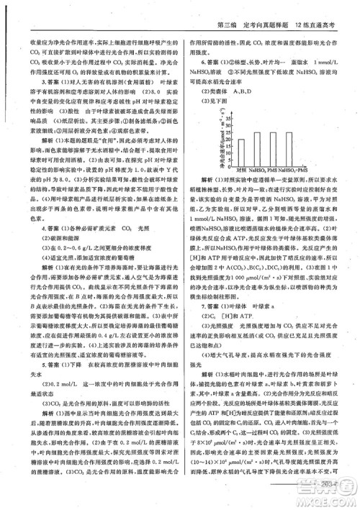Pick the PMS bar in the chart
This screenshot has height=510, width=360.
pyautogui.click(x=274, y=148)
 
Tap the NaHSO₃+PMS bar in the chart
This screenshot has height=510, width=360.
pyautogui.click(x=292, y=148)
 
